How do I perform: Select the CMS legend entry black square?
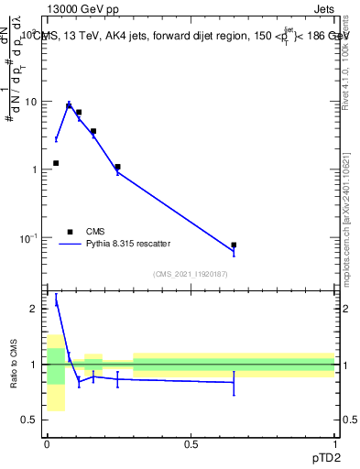[x=69, y=232]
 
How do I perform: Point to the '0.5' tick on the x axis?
[x=191, y=443]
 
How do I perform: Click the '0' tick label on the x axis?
[x=47, y=443]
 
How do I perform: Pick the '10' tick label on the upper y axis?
[x=31, y=102]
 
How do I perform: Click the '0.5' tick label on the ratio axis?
[x=31, y=420]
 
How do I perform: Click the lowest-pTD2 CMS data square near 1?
[x=56, y=163]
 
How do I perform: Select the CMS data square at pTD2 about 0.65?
[x=234, y=245]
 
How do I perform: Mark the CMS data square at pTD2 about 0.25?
[x=118, y=167]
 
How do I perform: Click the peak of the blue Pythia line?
[x=69, y=104]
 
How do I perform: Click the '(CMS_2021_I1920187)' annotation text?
[x=191, y=274]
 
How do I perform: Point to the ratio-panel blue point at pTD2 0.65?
[x=234, y=383]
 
